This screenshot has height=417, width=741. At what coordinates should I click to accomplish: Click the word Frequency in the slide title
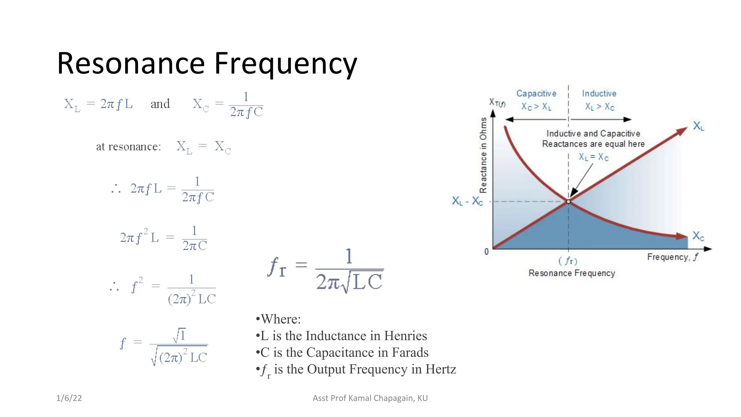click(x=285, y=64)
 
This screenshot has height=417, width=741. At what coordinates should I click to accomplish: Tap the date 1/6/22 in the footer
click(x=69, y=398)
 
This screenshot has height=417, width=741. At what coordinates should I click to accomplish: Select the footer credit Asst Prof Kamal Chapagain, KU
click(x=370, y=398)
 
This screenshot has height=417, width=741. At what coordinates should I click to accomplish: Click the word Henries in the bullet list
click(x=405, y=336)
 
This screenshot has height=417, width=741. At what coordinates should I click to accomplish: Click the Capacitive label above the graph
click(x=536, y=93)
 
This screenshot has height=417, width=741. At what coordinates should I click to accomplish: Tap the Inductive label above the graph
click(x=599, y=93)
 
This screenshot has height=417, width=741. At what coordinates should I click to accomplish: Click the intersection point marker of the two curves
click(x=568, y=202)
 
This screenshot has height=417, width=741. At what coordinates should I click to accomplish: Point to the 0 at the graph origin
click(x=487, y=252)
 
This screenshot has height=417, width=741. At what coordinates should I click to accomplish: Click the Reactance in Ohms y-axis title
click(x=483, y=155)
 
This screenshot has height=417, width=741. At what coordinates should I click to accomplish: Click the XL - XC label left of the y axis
click(x=467, y=201)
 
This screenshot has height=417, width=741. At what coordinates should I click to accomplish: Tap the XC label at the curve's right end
click(x=698, y=236)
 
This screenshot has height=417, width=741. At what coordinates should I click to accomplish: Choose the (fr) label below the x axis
click(x=568, y=261)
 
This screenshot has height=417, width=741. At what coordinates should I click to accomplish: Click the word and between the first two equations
click(x=160, y=104)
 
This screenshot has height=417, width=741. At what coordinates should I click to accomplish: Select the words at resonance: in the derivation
click(x=128, y=147)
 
